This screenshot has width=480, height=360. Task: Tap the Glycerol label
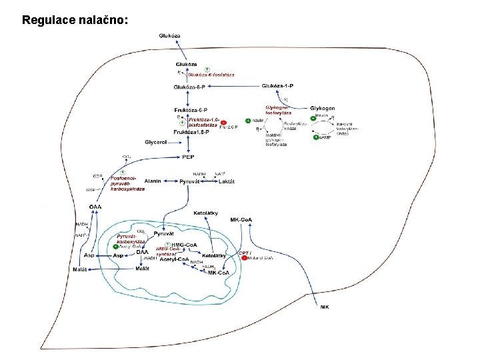pyautogui.click(x=157, y=142)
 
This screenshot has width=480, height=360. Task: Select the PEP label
pyautogui.click(x=189, y=157)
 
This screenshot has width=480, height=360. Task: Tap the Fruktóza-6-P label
pyautogui.click(x=191, y=109)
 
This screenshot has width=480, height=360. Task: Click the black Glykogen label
pyautogui.click(x=323, y=108)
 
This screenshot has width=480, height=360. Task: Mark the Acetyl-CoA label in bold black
pyautogui.click(x=173, y=259)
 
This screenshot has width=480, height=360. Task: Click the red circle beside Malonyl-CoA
pyautogui.click(x=245, y=258)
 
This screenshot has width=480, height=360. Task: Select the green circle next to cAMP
pyautogui.click(x=316, y=137)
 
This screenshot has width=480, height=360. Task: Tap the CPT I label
pyautogui.click(x=243, y=252)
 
